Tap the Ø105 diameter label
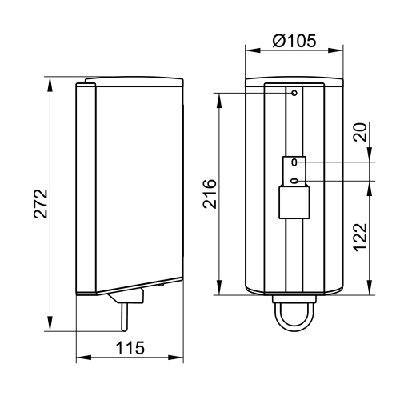(x=294, y=38)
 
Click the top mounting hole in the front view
(x=294, y=93)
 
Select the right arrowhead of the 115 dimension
(x=181, y=358)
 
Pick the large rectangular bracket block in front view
(x=293, y=202)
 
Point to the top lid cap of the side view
(x=132, y=79)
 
